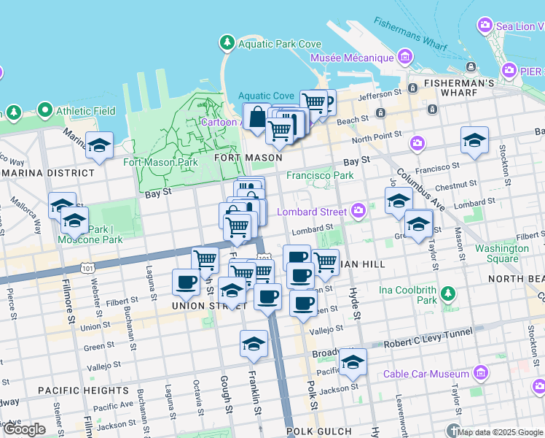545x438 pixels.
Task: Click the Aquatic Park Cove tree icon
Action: coord(228,44)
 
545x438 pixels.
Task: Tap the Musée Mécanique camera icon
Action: coord(406,58)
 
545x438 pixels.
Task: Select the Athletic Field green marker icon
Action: coord(44,111)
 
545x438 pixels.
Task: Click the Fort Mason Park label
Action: coord(160,162)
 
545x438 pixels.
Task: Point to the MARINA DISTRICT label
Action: coord(47,173)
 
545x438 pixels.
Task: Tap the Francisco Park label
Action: coord(320,175)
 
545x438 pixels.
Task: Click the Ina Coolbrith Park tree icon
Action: coord(447,295)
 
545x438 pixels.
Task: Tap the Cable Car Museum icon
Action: coord(479,374)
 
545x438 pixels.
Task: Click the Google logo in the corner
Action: coord(24,429)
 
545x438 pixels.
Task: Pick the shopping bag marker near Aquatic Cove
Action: coord(257,116)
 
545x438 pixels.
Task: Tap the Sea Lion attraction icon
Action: coord(485,26)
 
